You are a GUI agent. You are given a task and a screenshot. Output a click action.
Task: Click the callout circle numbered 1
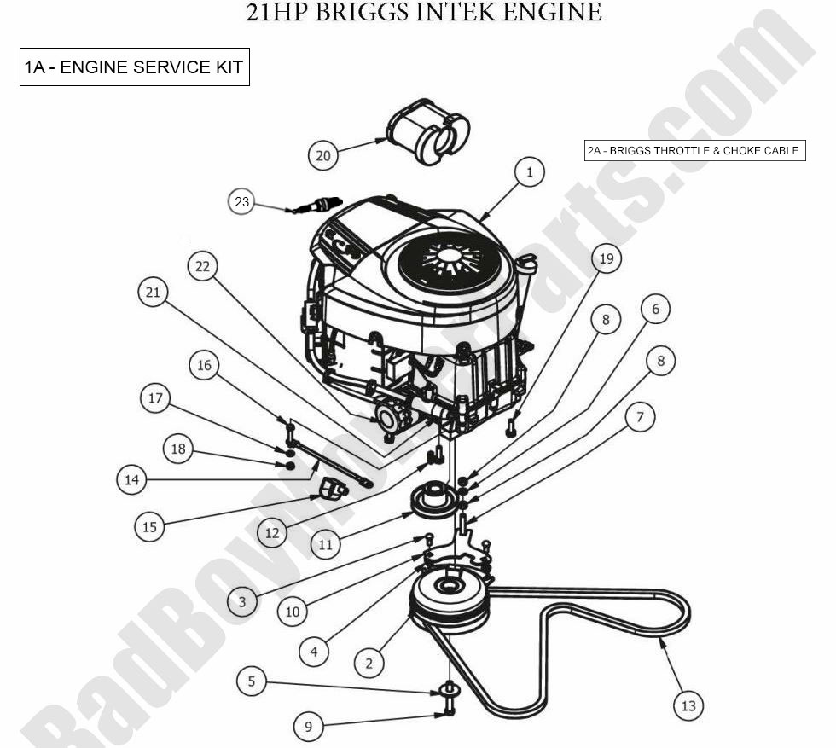[529, 172]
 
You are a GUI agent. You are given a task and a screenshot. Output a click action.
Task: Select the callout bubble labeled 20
[323, 155]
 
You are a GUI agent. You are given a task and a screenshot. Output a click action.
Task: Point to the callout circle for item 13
[688, 705]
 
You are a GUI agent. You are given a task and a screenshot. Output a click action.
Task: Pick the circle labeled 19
[606, 258]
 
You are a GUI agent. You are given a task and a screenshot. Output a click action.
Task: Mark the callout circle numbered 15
[149, 527]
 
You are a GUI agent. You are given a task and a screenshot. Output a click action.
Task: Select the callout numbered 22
[202, 267]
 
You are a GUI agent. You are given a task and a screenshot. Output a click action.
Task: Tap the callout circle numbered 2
[369, 662]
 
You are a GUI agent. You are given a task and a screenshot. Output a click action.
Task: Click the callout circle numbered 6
[655, 308]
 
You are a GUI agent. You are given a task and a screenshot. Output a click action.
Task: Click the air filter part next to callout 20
[428, 134]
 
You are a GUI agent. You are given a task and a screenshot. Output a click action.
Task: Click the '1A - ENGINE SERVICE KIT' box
[135, 67]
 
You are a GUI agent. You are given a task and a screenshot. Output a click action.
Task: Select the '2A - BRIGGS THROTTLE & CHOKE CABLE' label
[694, 151]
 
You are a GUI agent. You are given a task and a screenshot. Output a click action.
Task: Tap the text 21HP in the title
[276, 13]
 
